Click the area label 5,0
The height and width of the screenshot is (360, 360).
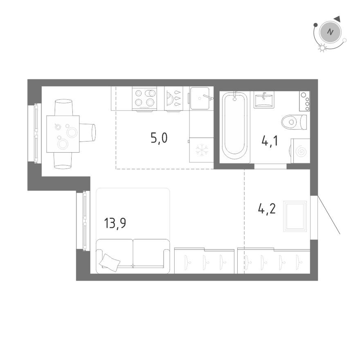tap(159, 138)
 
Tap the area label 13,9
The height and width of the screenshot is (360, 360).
tap(115, 224)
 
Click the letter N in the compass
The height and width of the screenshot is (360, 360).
tap(331, 32)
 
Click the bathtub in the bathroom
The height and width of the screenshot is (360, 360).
tap(235, 125)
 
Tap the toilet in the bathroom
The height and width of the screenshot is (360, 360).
tap(294, 122)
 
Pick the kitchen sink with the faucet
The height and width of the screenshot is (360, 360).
tap(201, 98)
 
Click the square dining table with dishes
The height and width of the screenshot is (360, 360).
tap(63, 134)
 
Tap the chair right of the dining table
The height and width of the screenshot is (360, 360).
tap(88, 133)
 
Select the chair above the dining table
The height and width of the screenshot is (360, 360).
tap(63, 107)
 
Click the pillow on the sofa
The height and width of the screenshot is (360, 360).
tap(110, 261)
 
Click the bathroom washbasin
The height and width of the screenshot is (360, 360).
tap(264, 99)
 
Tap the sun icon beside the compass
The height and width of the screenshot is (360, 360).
tap(322, 48)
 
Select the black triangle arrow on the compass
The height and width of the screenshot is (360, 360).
tap(337, 19)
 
